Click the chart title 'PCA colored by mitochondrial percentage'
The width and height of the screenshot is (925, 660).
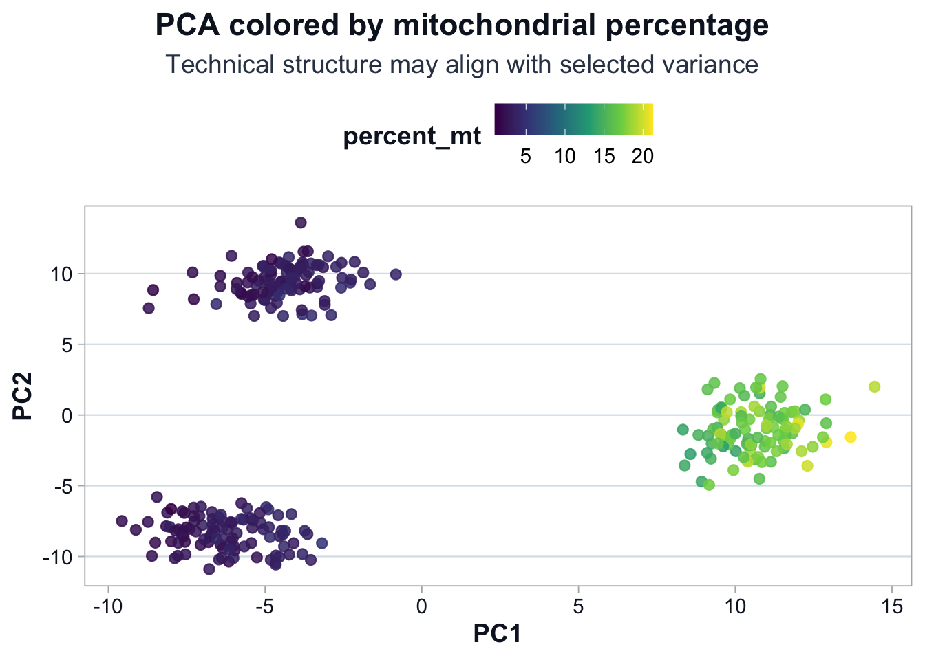pyautogui.click(x=462, y=26)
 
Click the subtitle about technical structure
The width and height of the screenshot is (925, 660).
pyautogui.click(x=462, y=65)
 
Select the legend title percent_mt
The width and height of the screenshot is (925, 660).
pyautogui.click(x=412, y=136)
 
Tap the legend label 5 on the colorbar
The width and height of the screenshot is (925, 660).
pyautogui.click(x=525, y=157)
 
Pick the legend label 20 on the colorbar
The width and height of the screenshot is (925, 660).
pyautogui.click(x=643, y=157)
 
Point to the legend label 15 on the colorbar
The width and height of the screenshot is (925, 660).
pyautogui.click(x=604, y=157)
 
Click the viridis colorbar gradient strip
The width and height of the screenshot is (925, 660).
pyautogui.click(x=573, y=119)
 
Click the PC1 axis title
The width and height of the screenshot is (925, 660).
pyautogui.click(x=498, y=633)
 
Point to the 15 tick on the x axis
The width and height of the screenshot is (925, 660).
pyautogui.click(x=892, y=607)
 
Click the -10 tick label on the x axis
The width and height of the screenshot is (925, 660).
pyautogui.click(x=107, y=607)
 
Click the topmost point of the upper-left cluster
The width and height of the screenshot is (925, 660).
pyautogui.click(x=301, y=222)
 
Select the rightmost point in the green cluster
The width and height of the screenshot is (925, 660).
pyautogui.click(x=875, y=386)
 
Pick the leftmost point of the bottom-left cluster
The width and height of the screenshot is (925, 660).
pyautogui.click(x=122, y=521)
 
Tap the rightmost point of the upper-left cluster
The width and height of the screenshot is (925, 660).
pyautogui.click(x=396, y=274)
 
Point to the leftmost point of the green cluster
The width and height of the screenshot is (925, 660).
pyautogui.click(x=683, y=430)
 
